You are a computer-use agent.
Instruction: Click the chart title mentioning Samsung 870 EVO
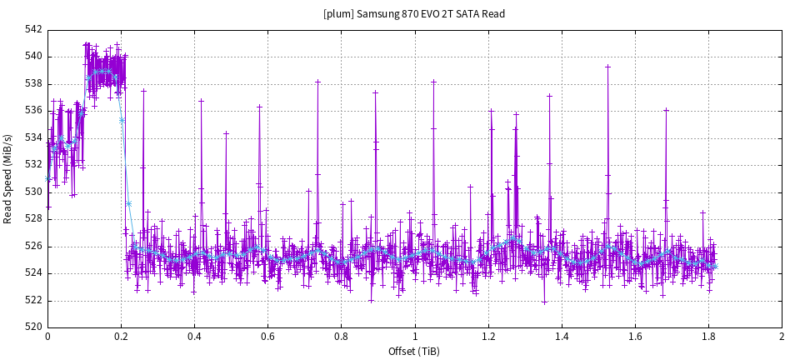click(414, 13)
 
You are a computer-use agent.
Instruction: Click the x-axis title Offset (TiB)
click(414, 351)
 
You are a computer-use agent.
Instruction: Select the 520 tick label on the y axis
click(34, 327)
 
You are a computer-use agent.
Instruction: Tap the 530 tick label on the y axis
click(34, 192)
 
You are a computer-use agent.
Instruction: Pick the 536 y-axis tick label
click(34, 111)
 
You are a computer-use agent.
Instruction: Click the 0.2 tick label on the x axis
click(121, 337)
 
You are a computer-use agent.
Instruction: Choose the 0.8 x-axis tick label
click(341, 337)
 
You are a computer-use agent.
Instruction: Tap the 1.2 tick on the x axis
click(488, 337)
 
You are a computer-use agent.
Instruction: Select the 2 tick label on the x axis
click(782, 337)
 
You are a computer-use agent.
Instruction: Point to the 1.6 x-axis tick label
click(635, 337)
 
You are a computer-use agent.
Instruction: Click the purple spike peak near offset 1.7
click(666, 109)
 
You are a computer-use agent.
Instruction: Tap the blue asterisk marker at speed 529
click(128, 203)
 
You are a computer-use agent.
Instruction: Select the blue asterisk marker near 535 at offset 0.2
click(122, 121)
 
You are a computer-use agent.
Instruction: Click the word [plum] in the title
click(338, 13)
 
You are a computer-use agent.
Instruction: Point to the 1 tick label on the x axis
click(414, 337)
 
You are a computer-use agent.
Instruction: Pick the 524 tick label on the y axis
click(34, 273)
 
